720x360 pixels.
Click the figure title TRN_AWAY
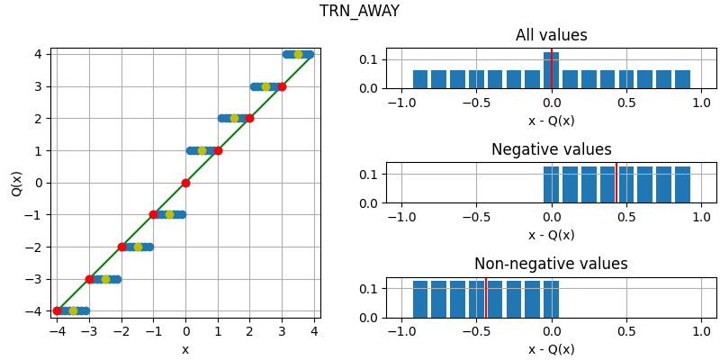(359, 12)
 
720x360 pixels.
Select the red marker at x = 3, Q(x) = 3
(282, 86)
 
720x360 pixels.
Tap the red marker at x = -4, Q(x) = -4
(58, 310)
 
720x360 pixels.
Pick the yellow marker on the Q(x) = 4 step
(298, 54)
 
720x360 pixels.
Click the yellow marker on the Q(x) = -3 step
(105, 279)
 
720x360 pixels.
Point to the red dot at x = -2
(121, 247)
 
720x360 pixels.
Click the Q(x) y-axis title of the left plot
(16, 183)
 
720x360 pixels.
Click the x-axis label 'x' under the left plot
(185, 349)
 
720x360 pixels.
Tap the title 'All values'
(551, 36)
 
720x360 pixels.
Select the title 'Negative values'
(551, 150)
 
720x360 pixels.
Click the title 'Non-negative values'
(551, 265)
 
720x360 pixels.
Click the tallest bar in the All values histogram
(551, 71)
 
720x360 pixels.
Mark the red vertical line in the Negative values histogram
(616, 184)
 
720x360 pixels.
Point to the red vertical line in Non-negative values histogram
(486, 298)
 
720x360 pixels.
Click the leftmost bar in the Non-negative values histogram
(420, 299)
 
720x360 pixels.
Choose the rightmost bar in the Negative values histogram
(682, 184)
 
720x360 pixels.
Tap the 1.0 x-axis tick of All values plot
(701, 103)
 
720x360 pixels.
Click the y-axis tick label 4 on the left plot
(40, 54)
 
